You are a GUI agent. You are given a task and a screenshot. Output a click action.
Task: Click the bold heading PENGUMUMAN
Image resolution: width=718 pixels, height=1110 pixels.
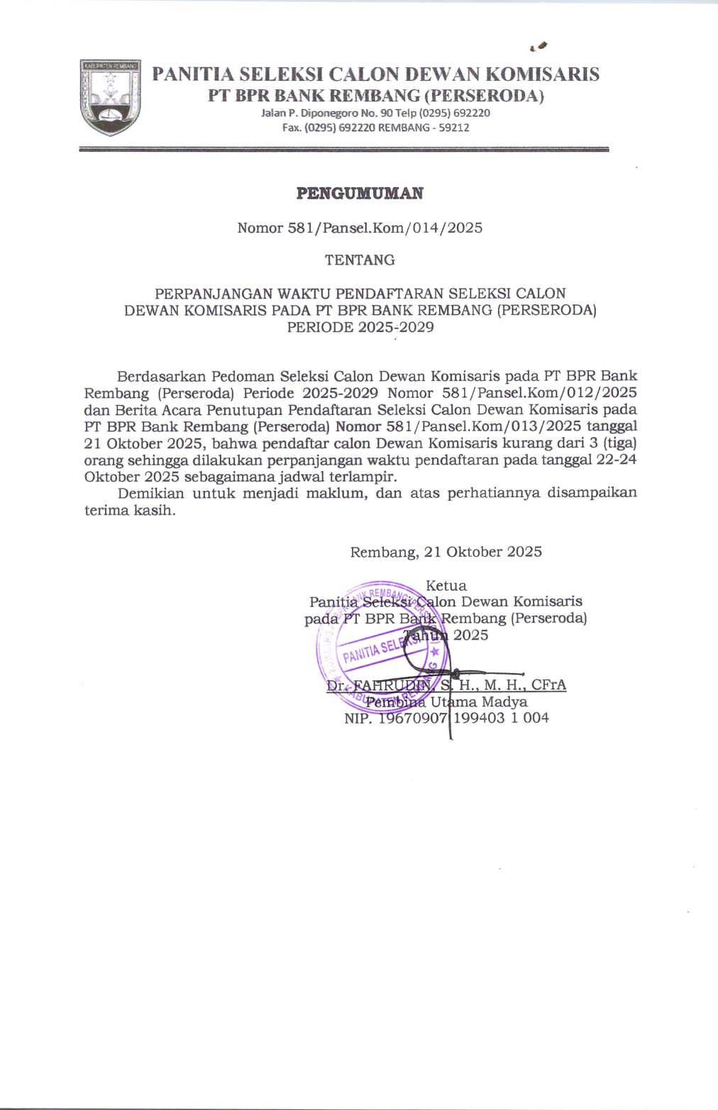click(x=360, y=193)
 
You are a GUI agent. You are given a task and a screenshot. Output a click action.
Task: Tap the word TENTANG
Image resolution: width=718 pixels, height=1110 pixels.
click(x=360, y=260)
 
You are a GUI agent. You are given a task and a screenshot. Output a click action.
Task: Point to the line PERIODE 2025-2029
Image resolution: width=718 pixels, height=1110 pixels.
click(x=360, y=327)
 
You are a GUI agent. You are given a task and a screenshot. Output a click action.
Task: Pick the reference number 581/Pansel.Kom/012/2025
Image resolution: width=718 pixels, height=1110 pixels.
click(x=539, y=392)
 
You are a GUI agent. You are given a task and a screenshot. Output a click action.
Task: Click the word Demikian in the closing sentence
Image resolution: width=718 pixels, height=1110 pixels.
click(x=150, y=493)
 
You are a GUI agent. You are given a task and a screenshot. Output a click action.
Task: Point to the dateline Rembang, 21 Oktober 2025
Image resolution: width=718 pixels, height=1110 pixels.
click(x=446, y=552)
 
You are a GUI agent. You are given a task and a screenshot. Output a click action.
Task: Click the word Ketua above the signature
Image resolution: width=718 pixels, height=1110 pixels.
click(x=446, y=586)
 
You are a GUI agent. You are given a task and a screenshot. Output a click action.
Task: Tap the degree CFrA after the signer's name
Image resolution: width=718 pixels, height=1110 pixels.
click(x=548, y=685)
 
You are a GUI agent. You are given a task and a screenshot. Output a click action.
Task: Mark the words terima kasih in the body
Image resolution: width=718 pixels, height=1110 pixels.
click(x=129, y=511)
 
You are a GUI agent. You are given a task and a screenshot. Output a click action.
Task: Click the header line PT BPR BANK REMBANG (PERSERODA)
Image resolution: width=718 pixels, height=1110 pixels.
click(x=375, y=95)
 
